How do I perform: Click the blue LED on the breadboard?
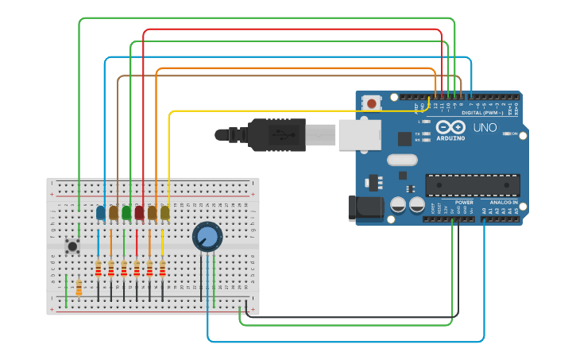(x=100, y=212)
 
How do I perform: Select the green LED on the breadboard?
(x=126, y=212)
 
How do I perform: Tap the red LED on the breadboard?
(x=139, y=212)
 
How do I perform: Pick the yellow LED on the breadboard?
(x=164, y=212)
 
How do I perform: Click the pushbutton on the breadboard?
(x=72, y=246)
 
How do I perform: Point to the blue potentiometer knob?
(x=207, y=236)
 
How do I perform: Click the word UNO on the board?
(x=485, y=127)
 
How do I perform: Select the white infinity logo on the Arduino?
(x=449, y=128)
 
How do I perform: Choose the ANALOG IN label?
(x=503, y=203)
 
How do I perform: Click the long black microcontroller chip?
(x=473, y=185)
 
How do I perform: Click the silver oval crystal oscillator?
(x=402, y=160)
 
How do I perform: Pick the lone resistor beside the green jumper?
(x=79, y=287)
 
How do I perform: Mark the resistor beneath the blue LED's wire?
(x=99, y=269)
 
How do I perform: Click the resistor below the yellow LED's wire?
(x=163, y=269)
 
